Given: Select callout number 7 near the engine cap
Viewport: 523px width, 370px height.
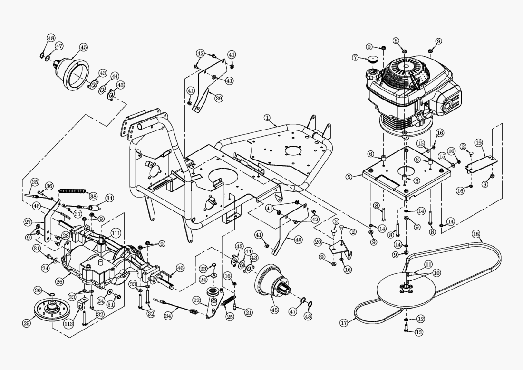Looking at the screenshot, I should tap(355, 58).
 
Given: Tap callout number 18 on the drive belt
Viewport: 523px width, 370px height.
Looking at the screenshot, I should tap(476, 234).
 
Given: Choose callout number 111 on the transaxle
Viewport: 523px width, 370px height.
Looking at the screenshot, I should tap(116, 233).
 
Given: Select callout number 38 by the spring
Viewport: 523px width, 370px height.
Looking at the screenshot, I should tap(93, 196).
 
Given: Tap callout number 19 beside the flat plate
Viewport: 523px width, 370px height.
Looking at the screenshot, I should tap(478, 143).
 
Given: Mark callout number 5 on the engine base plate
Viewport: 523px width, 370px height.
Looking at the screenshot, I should tap(349, 177).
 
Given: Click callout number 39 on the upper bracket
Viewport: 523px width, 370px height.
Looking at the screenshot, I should tap(218, 98).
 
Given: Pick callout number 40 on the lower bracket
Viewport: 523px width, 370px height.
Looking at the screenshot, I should tap(298, 240).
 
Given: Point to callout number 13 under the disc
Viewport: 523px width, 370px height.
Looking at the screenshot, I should tap(419, 332).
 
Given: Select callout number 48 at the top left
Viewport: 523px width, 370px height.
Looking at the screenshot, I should tap(51, 38).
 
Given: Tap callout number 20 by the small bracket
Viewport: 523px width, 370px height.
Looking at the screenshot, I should tap(318, 241).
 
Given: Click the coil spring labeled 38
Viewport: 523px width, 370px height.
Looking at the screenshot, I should tap(72, 190).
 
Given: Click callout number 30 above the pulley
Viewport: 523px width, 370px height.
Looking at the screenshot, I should tap(38, 290).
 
